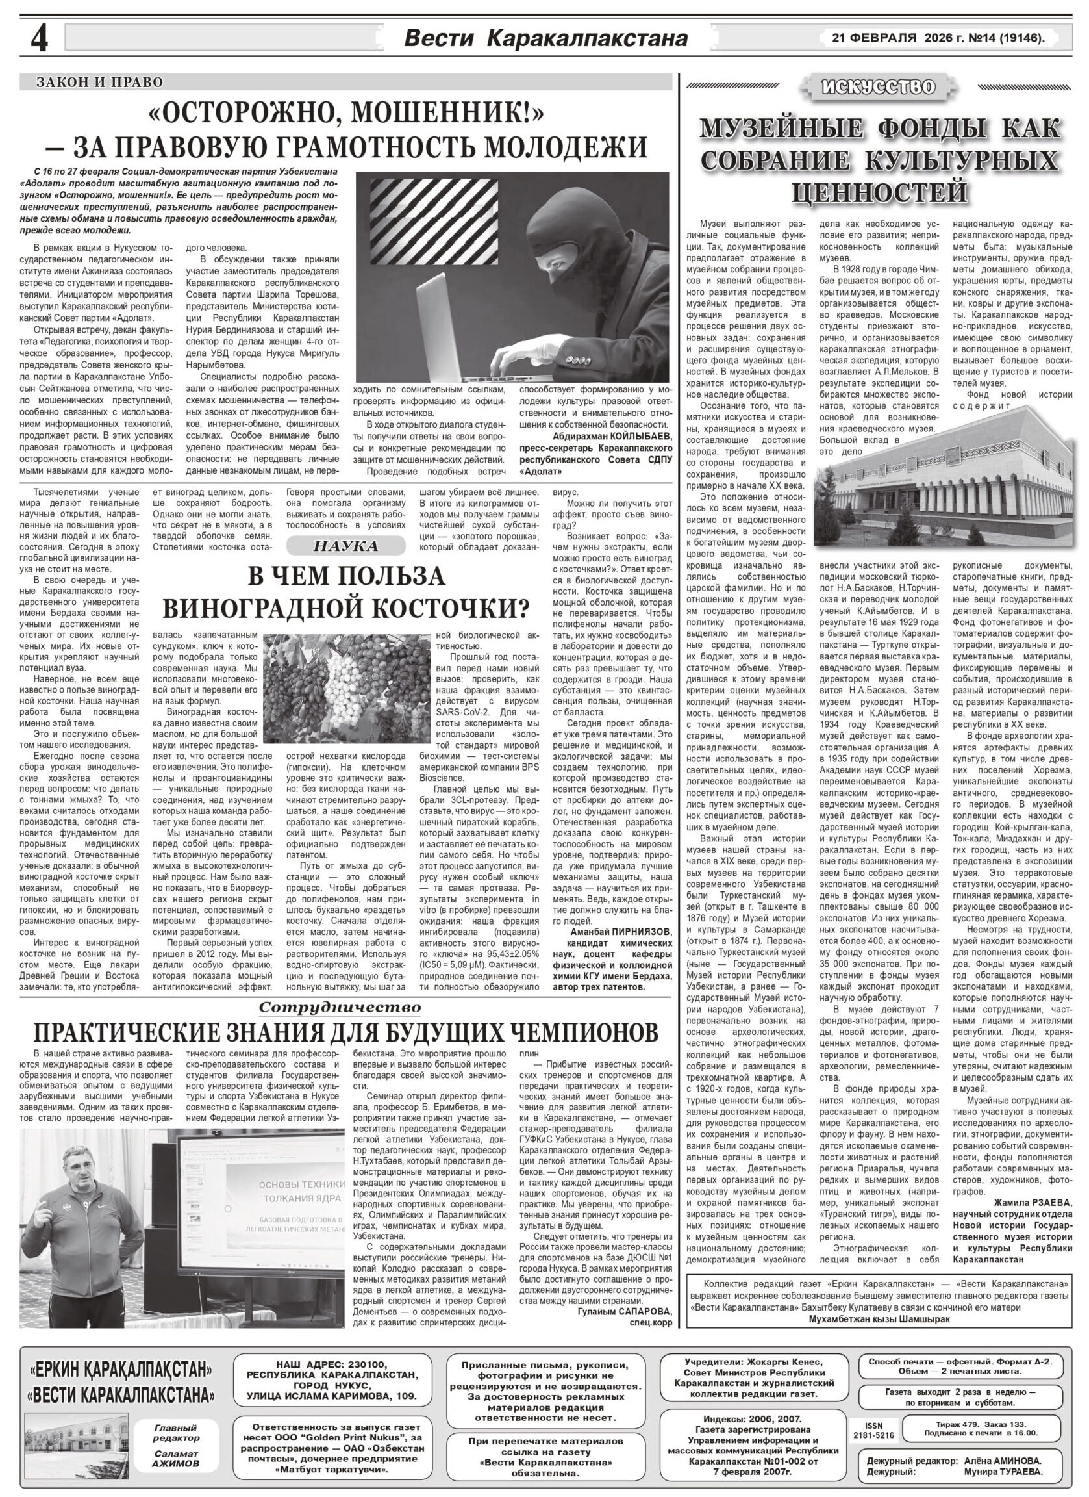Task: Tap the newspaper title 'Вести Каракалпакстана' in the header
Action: pyautogui.click(x=545, y=39)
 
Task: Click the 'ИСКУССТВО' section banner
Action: pyautogui.click(x=877, y=87)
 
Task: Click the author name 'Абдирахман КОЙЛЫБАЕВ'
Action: pyautogui.click(x=612, y=438)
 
